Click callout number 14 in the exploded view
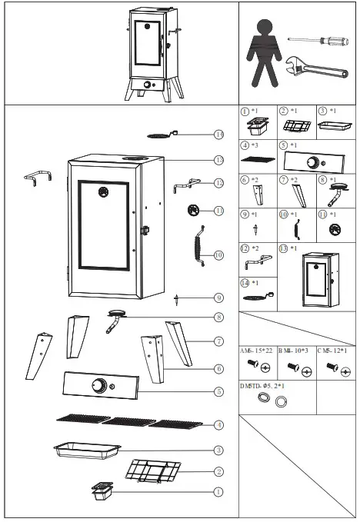tap(219, 135)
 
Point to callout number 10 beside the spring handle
tap(219, 254)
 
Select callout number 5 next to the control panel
tap(219, 391)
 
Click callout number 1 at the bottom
tap(219, 490)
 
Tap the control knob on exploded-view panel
tap(99, 386)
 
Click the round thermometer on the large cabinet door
tap(103, 195)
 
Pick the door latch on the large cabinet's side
tap(143, 229)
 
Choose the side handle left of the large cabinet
tap(38, 178)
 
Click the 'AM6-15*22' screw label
tap(257, 351)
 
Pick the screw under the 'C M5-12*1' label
tap(333, 368)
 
